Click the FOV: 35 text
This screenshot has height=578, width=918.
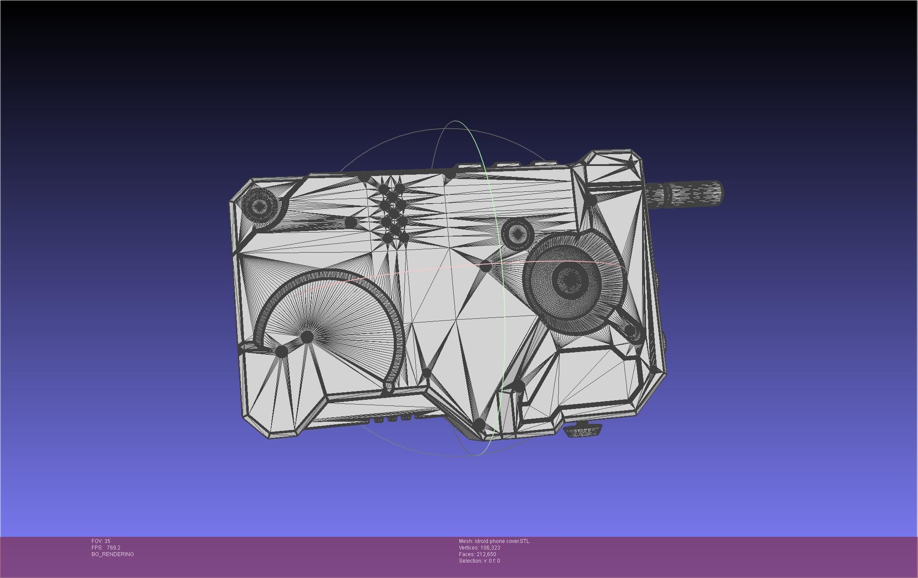(101, 541)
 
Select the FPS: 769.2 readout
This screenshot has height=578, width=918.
(106, 548)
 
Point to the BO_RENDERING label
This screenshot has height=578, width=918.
(113, 554)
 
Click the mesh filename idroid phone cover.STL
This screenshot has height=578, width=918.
(494, 541)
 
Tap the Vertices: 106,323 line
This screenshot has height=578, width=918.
(480, 548)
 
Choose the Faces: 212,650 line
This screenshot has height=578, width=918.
(477, 554)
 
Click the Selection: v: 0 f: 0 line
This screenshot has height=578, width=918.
(479, 561)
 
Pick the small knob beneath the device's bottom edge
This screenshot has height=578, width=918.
(583, 431)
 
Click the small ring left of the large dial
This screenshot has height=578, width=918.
(517, 234)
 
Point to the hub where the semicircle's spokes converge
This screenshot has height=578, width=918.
(307, 337)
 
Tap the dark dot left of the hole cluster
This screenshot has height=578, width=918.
(350, 222)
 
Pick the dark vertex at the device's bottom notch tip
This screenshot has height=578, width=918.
(479, 425)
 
